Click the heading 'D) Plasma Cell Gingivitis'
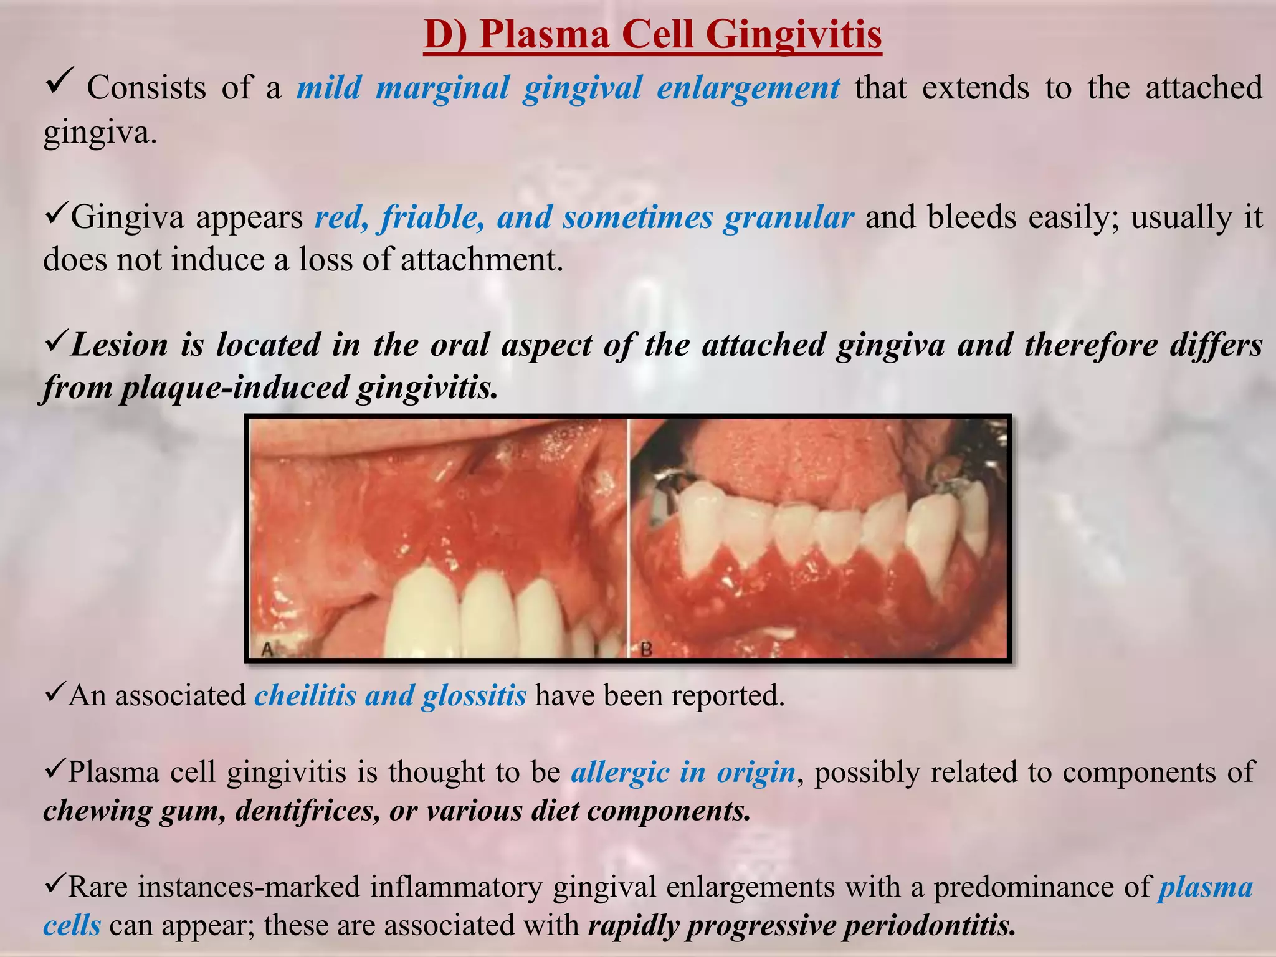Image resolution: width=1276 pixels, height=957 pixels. point(652,34)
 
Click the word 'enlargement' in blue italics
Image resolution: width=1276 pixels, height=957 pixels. point(748,88)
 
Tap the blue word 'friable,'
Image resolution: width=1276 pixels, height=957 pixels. point(434,217)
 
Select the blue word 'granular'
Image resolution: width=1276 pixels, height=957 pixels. point(788,217)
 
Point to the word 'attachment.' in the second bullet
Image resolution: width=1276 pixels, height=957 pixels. point(482,260)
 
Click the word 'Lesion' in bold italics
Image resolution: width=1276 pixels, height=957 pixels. point(119,345)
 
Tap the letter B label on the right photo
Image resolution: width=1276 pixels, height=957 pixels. point(646,650)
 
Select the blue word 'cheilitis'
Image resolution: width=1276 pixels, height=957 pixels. point(305,695)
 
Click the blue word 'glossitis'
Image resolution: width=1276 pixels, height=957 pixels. point(474,695)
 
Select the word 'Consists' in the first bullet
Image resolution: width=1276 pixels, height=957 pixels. point(146,88)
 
